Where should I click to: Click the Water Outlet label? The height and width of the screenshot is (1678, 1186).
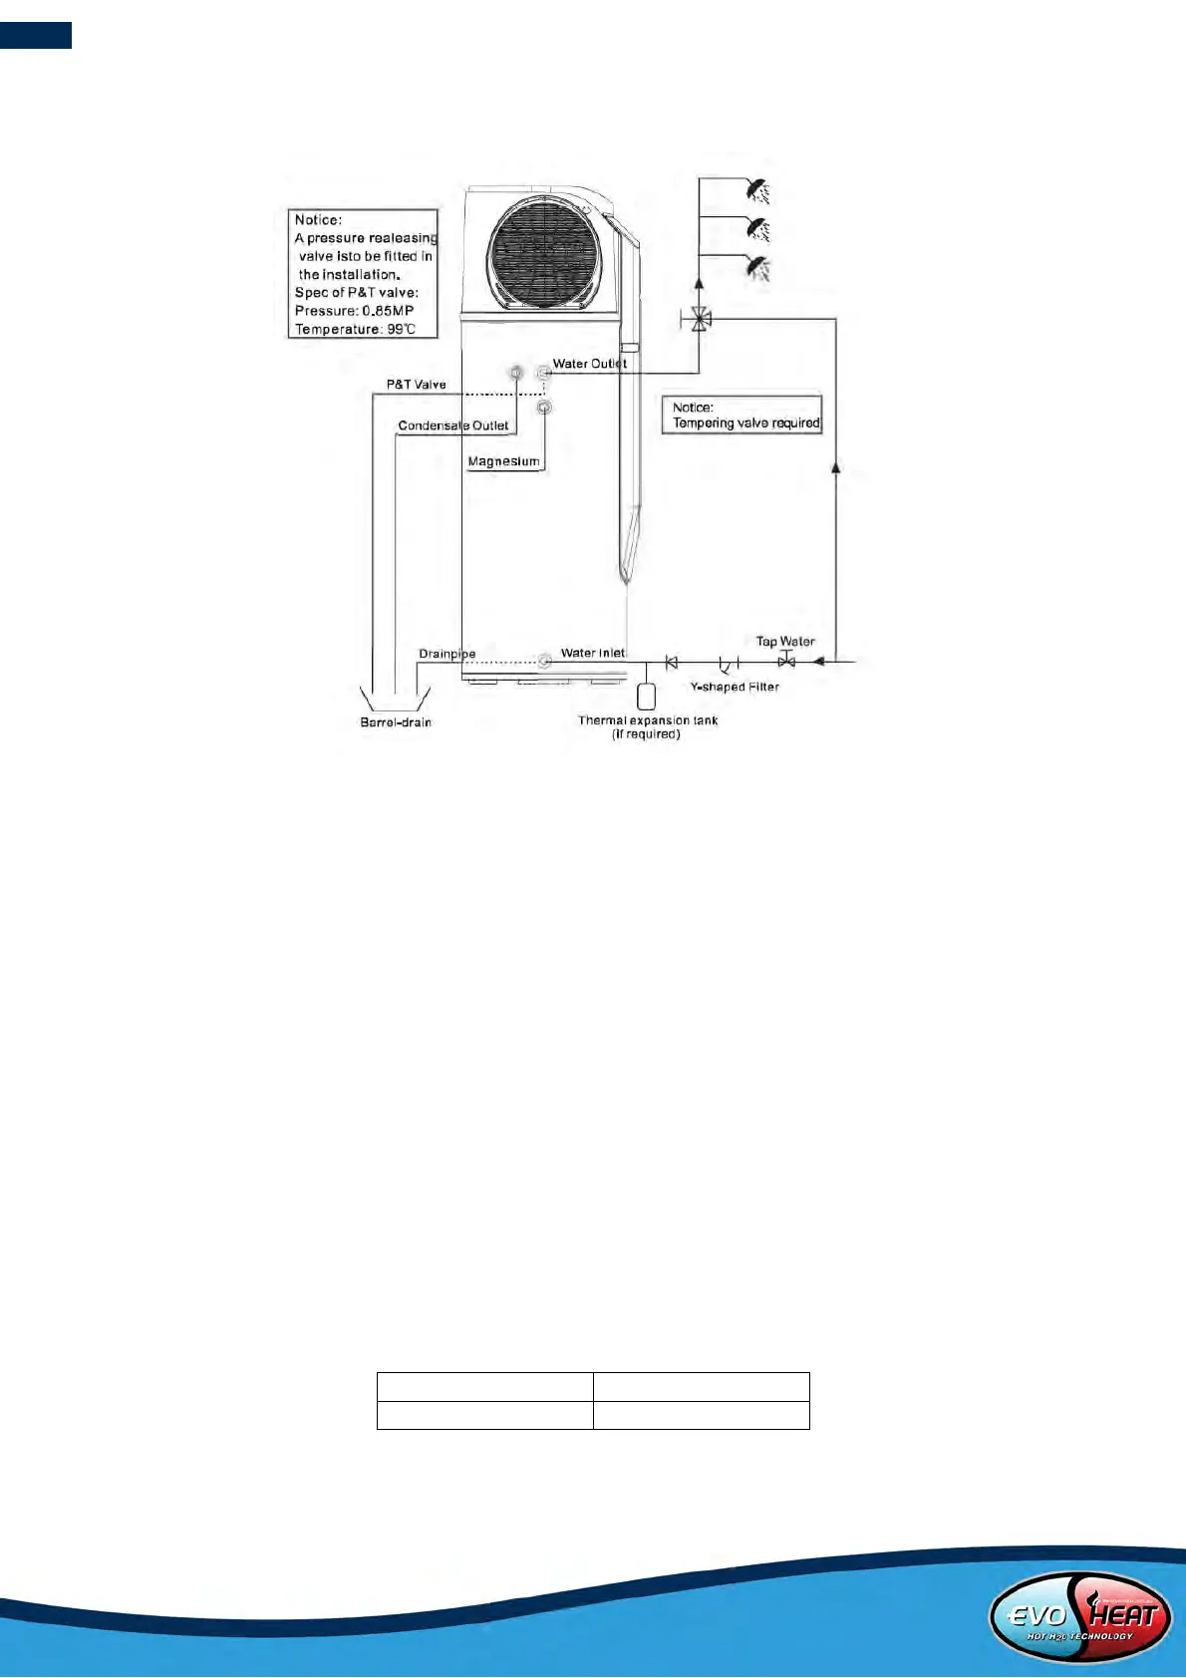(590, 364)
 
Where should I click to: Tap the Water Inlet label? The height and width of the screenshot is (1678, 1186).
(593, 653)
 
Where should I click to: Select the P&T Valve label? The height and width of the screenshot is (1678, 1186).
(417, 385)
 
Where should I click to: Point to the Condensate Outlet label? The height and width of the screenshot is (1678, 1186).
(453, 425)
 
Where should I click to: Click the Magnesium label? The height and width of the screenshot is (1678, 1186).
(503, 461)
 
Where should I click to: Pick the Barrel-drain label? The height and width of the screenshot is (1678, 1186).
(396, 722)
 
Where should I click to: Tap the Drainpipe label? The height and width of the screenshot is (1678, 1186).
(446, 654)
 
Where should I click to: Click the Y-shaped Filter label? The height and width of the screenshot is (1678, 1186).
(735, 687)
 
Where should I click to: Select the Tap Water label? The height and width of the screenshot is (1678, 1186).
(785, 641)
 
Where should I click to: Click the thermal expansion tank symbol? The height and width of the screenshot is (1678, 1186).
(646, 696)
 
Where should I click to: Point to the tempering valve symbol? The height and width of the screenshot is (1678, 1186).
(701, 320)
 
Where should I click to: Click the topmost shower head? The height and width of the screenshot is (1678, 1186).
(759, 189)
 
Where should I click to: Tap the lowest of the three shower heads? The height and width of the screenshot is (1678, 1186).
(759, 267)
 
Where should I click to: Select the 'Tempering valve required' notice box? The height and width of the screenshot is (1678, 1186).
(742, 415)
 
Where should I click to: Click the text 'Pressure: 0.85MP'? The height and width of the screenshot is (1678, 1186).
(354, 311)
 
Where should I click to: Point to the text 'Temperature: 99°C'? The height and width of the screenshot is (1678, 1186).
(355, 329)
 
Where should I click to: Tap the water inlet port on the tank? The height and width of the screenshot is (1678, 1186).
(544, 661)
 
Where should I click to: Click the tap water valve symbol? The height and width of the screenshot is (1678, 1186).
(786, 661)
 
